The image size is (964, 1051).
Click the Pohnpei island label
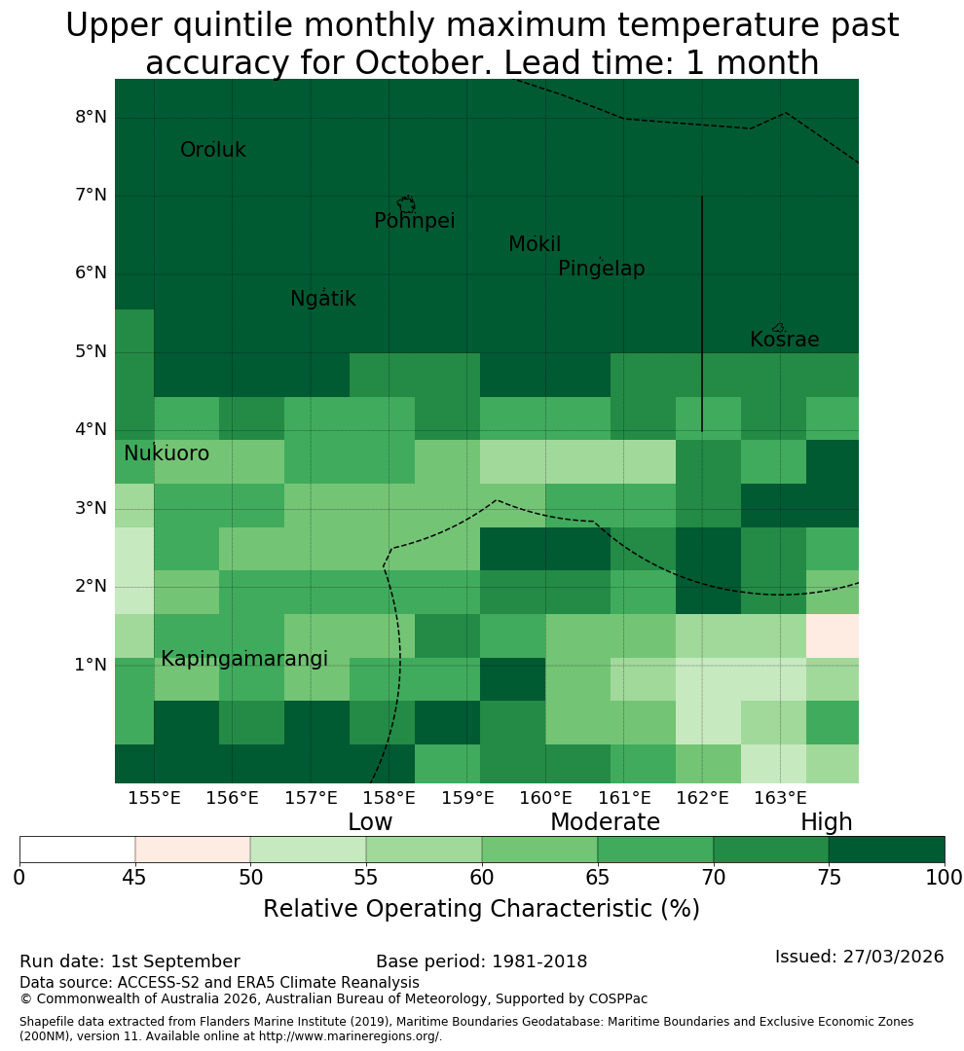[414, 221]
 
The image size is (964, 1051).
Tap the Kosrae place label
[784, 340]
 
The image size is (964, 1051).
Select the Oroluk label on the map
[212, 150]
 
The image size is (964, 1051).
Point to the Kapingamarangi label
[244, 659]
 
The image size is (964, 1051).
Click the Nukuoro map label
[167, 453]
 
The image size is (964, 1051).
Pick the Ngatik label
[322, 299]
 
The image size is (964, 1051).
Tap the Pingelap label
[601, 269]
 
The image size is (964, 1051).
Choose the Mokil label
[535, 244]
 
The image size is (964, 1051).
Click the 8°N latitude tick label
[91, 118]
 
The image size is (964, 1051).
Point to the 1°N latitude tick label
[91, 665]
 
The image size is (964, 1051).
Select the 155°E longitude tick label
[154, 798]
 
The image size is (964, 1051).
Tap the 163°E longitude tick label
[780, 798]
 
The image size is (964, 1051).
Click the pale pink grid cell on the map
[832, 635]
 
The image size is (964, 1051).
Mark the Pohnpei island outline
[406, 204]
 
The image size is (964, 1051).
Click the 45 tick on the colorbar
[134, 878]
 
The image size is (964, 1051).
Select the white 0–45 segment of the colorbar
[77, 850]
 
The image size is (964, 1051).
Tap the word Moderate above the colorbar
[605, 821]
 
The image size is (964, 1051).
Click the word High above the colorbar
[826, 821]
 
